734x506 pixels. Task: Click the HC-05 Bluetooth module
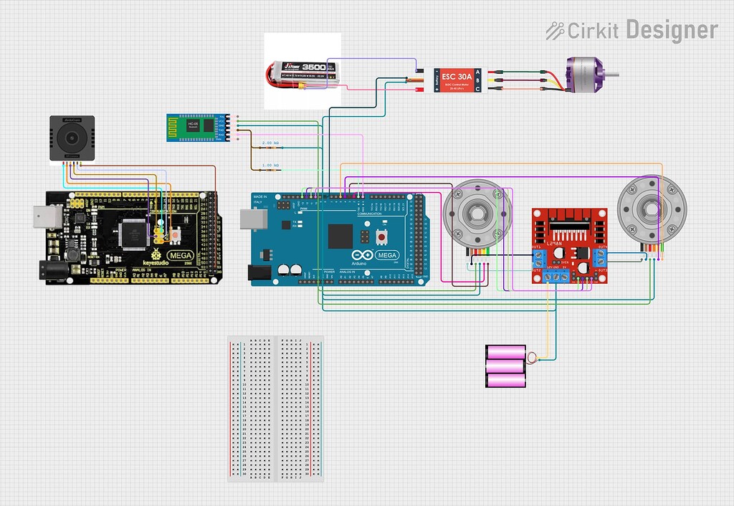(x=200, y=127)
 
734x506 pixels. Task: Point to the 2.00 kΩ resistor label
(x=271, y=143)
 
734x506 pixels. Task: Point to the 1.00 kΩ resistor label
(x=271, y=166)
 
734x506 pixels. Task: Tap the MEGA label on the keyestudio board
(x=179, y=255)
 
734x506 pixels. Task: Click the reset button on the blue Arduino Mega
(x=381, y=237)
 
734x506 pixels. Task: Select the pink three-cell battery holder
(x=506, y=366)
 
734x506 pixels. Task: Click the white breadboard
(x=275, y=409)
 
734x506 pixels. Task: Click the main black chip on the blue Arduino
(x=340, y=237)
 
